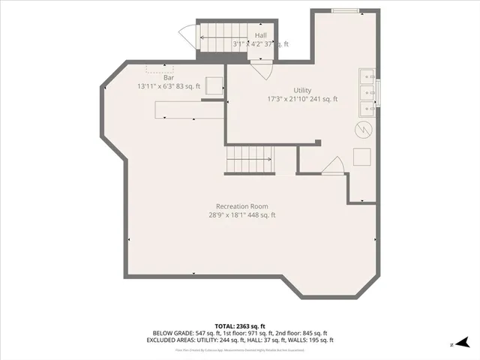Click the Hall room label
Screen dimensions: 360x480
(260, 35)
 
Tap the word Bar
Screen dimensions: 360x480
(169, 77)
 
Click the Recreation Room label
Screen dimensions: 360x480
(241, 206)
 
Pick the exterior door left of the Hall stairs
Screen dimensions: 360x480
(186, 36)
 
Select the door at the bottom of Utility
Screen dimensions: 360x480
(333, 166)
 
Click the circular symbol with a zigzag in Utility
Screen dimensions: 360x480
(362, 130)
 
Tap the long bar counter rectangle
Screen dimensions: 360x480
(188, 110)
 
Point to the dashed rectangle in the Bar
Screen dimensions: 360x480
(160, 68)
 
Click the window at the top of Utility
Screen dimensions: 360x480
(345, 10)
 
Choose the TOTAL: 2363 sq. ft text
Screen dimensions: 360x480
(240, 326)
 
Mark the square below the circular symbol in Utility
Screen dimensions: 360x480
(362, 156)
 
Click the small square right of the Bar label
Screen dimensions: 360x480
(214, 85)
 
